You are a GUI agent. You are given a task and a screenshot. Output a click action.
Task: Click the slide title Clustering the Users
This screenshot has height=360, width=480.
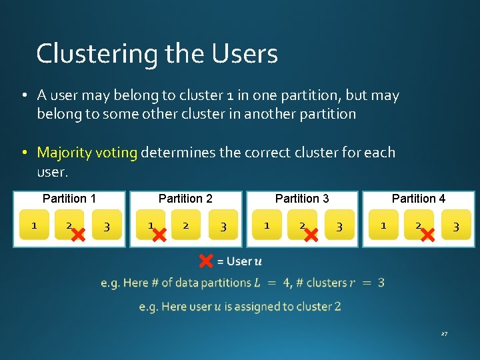coord(157,53)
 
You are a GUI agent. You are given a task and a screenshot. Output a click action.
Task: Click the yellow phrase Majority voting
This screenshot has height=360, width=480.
coord(87,153)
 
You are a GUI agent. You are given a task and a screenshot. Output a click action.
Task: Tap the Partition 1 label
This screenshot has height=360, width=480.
coord(69,198)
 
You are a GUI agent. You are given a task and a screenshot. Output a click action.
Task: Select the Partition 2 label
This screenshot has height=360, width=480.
coord(185,198)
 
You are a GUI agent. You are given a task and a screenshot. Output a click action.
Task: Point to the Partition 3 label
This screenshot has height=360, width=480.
coord(302,198)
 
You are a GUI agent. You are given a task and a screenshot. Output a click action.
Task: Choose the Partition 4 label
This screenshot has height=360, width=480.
coord(419,198)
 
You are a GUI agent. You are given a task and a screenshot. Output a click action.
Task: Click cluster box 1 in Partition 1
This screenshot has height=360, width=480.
coord(34,225)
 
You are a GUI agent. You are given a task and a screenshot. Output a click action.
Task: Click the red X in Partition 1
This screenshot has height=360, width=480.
coord(78,233)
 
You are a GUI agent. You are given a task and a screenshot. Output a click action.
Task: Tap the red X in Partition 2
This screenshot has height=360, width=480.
coord(159,233)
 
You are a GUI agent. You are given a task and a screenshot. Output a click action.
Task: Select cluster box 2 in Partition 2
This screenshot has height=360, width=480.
coord(186,225)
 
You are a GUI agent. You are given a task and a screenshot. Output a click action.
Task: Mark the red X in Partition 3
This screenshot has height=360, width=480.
coord(310,233)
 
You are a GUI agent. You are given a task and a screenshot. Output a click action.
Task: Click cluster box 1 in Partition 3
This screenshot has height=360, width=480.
coord(267,225)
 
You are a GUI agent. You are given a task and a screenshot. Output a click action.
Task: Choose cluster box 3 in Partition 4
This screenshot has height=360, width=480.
coord(456,226)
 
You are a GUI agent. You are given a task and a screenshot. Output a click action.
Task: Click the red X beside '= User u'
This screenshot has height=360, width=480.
coord(206,261)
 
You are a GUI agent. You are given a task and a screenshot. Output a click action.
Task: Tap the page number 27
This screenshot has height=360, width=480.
coord(443,333)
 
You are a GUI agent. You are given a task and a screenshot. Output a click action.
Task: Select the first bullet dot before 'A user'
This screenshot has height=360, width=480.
coord(23,96)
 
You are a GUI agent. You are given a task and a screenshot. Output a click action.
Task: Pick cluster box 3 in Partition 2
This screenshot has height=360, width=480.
coord(223,226)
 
